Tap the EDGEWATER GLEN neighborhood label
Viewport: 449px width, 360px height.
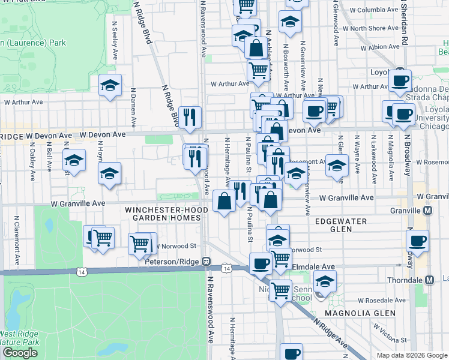(x=340, y=225)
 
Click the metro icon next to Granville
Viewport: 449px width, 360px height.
(x=428, y=211)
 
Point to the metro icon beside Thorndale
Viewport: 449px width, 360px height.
(x=429, y=280)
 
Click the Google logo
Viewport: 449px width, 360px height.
(x=20, y=353)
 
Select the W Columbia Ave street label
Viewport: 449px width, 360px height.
(x=373, y=10)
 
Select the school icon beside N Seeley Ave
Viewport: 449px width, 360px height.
(x=110, y=86)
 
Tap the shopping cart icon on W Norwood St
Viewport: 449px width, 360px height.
(x=139, y=242)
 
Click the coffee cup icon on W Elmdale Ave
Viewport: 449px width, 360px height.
(x=261, y=262)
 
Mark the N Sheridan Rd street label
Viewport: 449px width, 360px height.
(x=404, y=24)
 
